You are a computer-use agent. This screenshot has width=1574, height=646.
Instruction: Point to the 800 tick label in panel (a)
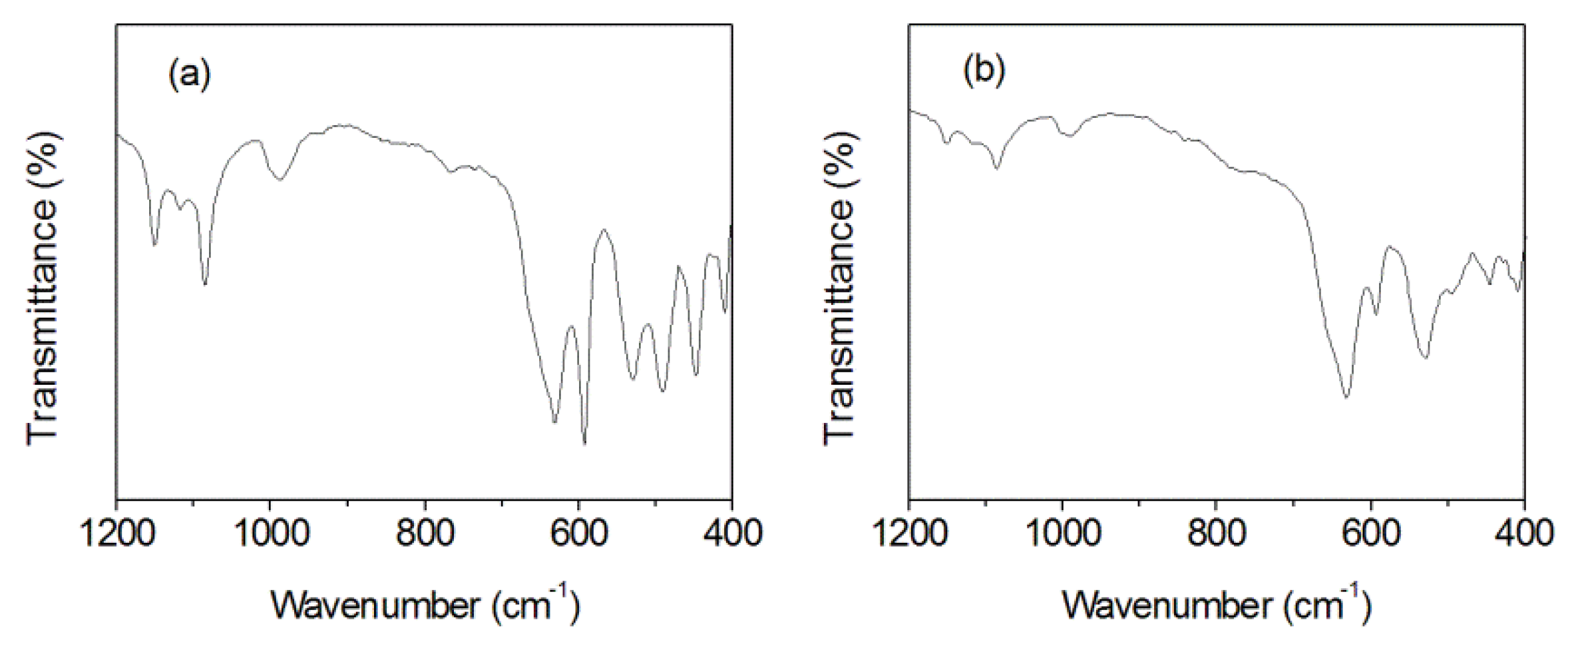pos(425,534)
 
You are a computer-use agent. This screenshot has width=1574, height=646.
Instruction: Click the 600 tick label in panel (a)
pos(578,534)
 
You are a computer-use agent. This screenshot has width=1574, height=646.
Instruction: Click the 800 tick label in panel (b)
pos(1217,534)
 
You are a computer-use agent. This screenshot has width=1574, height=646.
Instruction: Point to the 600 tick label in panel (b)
pos(1371,534)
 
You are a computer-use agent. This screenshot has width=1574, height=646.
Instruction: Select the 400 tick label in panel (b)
pos(1524,534)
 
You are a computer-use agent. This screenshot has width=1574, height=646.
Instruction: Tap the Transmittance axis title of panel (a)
pos(43,286)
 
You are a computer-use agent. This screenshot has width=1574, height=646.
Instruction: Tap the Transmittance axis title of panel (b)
pos(839,286)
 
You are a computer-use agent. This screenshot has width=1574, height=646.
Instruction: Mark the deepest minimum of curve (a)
pos(584,443)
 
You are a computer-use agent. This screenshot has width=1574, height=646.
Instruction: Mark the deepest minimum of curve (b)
pos(1346,398)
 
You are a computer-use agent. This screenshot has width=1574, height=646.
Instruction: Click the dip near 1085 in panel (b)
pos(996,168)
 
